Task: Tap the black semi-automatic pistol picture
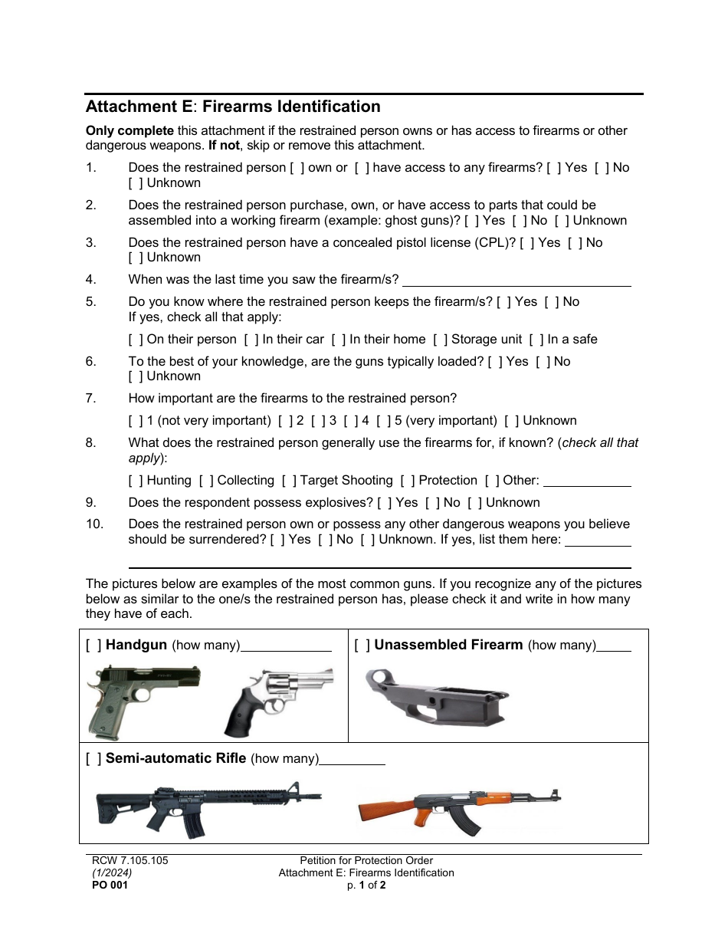143,699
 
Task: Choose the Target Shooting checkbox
288,481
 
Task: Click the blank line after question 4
516,284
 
